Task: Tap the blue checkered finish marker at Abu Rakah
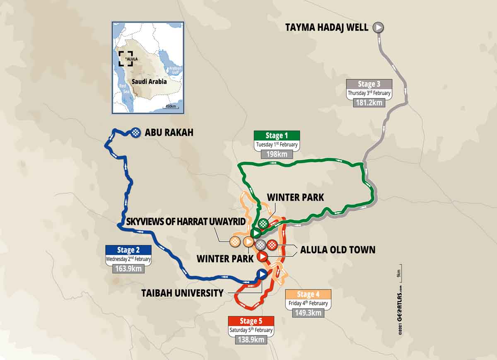pos(135,133)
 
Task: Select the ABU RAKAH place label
pos(169,133)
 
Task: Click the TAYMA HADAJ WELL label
pos(326,28)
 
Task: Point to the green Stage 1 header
pos(277,135)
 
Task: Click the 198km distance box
pos(277,155)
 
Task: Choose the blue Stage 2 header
pos(128,250)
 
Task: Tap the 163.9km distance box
pos(128,268)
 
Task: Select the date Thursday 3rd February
pos(369,93)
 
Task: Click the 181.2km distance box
pos(369,102)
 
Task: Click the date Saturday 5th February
pos(251,330)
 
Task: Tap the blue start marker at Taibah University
pos(261,274)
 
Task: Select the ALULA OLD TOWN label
pos(338,249)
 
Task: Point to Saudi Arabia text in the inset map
pos(149,82)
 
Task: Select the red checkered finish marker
pos(272,244)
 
